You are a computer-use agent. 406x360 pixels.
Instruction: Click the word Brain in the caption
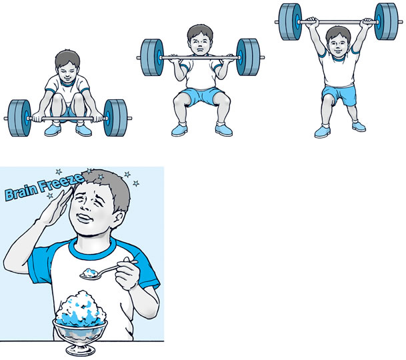pos(21,192)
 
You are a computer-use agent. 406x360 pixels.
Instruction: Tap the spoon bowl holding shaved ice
pos(90,274)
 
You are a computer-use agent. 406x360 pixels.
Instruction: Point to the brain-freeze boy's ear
pos(119,219)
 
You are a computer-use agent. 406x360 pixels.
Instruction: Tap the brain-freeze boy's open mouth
pos(85,217)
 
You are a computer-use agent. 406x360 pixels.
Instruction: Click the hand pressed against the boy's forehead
pos(55,207)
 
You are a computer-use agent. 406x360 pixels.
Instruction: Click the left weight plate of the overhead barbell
pos(291,22)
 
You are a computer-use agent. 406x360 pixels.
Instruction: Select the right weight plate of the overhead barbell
pos(386,22)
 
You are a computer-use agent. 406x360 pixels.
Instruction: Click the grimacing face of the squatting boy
pos(200,45)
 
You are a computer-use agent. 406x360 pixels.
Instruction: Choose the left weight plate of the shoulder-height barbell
pos(152,57)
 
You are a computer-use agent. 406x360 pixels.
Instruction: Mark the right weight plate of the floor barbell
pos(115,118)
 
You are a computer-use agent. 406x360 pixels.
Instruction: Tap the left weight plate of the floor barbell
pos(20,118)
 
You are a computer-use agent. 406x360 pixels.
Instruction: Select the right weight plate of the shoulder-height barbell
pos(248,57)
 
